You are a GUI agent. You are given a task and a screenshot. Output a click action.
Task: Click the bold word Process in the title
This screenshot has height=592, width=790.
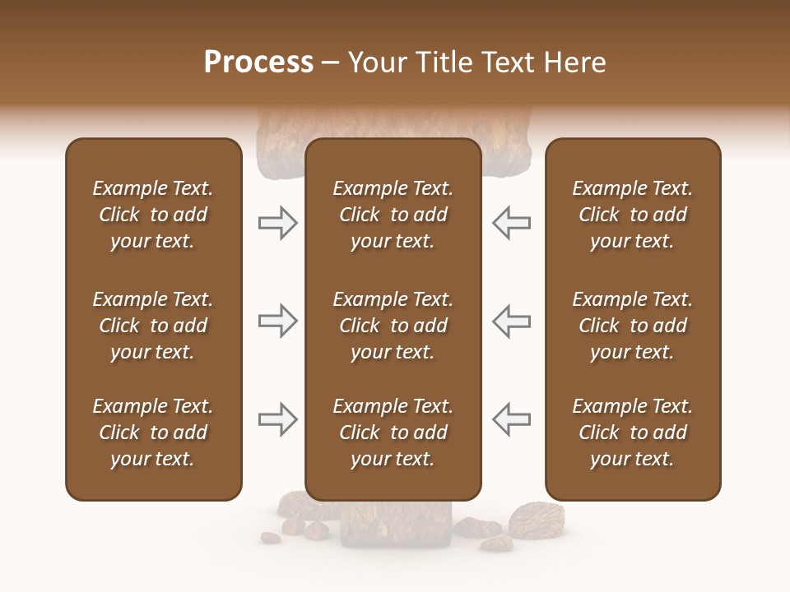tap(258, 62)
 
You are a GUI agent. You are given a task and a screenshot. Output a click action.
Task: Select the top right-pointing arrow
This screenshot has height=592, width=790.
tap(277, 223)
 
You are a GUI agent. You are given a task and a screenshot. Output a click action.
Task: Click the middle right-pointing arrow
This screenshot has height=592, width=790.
tap(277, 321)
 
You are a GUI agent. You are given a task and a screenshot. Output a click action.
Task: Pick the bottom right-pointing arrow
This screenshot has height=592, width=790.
tap(277, 419)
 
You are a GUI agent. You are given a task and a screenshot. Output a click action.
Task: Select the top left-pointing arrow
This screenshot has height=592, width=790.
tap(512, 223)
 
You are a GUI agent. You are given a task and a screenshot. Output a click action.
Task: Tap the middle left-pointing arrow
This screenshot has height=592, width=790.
tap(512, 321)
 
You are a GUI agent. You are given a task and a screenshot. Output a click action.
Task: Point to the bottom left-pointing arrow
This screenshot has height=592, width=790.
tap(512, 419)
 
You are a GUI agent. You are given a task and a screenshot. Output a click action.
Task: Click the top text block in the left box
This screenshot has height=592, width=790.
tap(153, 215)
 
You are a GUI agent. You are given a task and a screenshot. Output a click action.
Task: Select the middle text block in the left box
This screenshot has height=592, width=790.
tap(153, 326)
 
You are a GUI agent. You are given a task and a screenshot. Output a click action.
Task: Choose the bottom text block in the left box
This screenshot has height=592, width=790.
tap(153, 432)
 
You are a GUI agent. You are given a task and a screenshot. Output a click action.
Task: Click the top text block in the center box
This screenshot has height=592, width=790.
tap(393, 215)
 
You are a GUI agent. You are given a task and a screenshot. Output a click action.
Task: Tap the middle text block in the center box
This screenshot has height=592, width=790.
tap(393, 326)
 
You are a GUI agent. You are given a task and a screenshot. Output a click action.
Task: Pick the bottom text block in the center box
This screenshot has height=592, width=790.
tap(393, 432)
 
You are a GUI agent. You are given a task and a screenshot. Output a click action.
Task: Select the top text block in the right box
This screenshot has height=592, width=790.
tap(632, 215)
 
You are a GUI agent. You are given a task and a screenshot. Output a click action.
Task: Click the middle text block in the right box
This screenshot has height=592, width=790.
tap(632, 326)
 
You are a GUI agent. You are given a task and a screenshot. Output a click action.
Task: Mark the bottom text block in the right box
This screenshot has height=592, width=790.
tap(632, 432)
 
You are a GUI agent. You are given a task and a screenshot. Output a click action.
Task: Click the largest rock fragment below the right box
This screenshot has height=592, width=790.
tap(537, 520)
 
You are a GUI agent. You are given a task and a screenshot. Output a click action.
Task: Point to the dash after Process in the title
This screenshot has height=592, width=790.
tap(330, 63)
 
